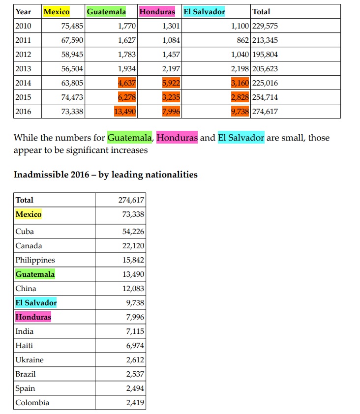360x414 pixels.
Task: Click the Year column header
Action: (23, 12)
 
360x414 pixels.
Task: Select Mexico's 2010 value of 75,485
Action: (70, 26)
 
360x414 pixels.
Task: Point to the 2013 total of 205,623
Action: (265, 69)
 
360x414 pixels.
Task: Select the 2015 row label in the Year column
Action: (23, 97)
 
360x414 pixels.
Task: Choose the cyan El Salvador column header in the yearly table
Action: (204, 12)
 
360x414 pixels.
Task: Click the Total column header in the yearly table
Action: (261, 12)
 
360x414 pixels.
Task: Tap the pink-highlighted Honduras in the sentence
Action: (177, 138)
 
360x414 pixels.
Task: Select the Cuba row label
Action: (25, 232)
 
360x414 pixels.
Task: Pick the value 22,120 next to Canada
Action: (131, 246)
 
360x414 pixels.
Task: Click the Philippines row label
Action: (35, 260)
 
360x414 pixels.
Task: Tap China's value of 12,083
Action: (131, 289)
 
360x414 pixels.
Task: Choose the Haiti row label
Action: (24, 346)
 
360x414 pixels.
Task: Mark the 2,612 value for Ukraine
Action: (133, 360)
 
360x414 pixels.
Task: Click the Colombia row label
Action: (32, 403)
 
